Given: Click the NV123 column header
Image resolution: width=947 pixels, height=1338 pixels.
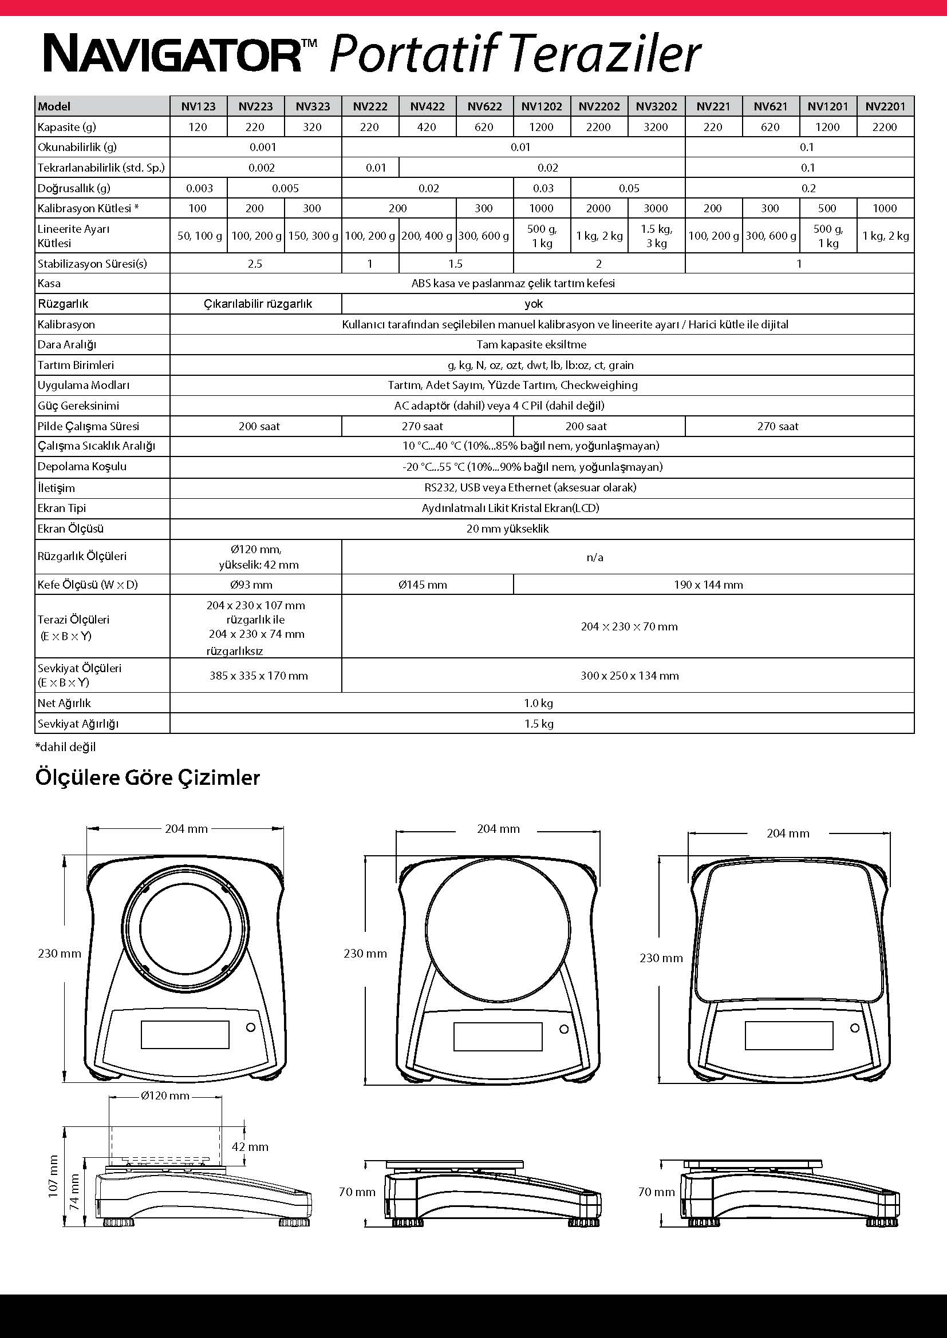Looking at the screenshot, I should pos(198,106).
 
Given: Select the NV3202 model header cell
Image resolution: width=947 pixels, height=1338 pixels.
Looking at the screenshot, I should pos(656,106).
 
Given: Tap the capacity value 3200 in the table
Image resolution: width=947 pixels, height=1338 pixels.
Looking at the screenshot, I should pos(656,127).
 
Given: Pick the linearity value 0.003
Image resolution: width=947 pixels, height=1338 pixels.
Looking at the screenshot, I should pos(199,188).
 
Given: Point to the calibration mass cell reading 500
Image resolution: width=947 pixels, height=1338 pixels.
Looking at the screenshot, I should pos(827,208).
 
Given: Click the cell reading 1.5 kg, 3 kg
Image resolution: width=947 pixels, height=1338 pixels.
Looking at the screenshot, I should pos(657,236).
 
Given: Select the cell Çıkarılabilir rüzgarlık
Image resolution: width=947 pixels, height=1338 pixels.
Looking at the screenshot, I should pos(258,304).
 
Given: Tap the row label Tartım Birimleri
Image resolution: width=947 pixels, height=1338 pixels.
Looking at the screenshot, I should pos(76,365).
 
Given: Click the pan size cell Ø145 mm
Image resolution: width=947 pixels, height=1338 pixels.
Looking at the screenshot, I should pos(423,585).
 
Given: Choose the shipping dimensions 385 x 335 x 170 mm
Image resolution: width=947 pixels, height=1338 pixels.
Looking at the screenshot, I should pos(258,676).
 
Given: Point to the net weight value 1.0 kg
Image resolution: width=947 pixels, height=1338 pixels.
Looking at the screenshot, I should pos(538,703).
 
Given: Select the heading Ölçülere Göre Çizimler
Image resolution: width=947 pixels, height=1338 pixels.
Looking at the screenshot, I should pos(148,777).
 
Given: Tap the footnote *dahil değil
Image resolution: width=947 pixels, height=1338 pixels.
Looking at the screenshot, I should pos(65,747).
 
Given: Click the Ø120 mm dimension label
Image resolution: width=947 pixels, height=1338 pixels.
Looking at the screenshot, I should pos(165,1095).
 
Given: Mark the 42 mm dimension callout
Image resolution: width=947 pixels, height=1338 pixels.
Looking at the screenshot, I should pos(250,1146).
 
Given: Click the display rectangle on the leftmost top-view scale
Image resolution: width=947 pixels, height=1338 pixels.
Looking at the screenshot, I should pos(185,1034).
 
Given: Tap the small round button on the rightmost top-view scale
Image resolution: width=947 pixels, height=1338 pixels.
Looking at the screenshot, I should pos(854,1027).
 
